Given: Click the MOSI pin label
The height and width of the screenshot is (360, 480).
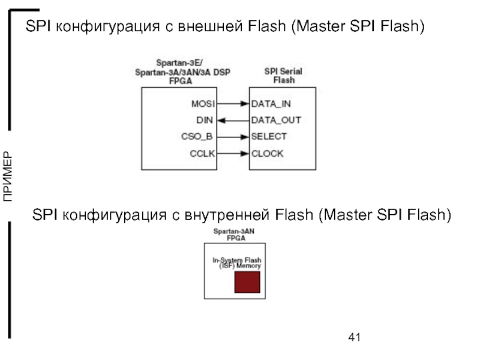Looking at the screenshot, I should pos(202,103).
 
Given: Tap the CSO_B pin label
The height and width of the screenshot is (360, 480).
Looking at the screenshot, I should pos(197,136).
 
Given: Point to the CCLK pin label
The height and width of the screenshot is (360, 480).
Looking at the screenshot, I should pos(202,153).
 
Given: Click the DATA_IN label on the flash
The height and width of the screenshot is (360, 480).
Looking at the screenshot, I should pos(271,103).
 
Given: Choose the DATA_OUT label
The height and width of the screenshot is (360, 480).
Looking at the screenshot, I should pos(276,120).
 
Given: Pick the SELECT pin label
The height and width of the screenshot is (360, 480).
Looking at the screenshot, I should pos(269,136).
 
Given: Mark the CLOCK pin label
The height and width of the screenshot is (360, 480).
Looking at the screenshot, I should pos(267,153).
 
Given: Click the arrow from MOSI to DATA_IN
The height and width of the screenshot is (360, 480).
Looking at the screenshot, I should pos(232,103).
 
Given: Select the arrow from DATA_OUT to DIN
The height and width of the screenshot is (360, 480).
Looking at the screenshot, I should pos(232,120).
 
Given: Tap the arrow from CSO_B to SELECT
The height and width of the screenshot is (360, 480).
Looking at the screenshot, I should pos(232,136).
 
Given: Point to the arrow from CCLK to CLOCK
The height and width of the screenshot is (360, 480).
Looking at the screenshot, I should pos(232,153).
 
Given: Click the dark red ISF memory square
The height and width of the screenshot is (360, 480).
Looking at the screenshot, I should pos(247,282).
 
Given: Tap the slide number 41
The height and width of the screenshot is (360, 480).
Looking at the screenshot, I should pos(354,337).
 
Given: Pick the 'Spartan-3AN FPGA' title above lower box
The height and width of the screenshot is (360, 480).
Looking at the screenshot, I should pos(235,234).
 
